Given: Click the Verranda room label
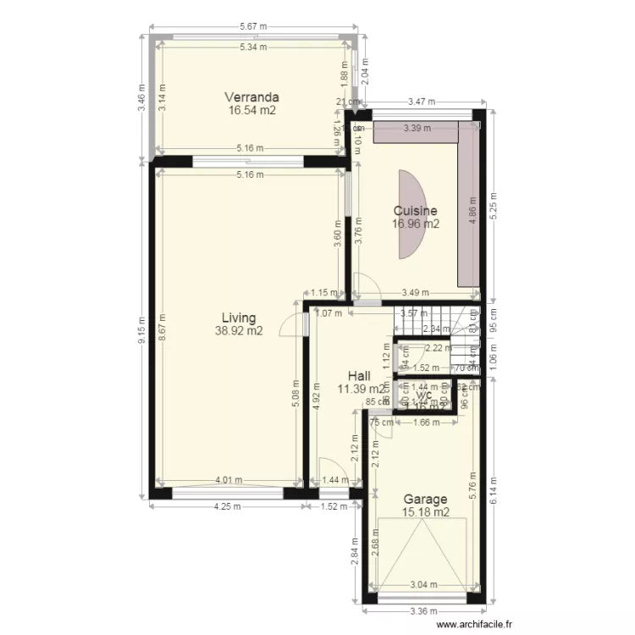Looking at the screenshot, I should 251,97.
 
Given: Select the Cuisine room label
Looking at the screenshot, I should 415,211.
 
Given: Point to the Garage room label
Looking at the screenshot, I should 426,500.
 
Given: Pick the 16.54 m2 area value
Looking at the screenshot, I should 251,110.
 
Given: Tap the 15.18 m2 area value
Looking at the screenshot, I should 426,512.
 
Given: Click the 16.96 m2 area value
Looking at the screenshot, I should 415,224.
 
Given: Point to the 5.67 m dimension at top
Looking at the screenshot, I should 253,26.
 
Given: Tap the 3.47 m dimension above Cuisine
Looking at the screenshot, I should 421,102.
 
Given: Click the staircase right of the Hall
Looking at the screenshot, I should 432,321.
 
